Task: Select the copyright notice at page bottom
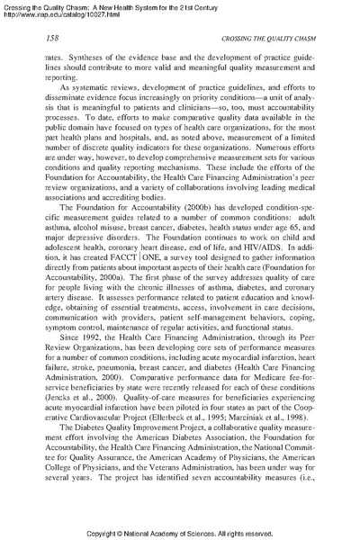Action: (x=180, y=531)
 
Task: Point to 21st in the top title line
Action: (x=223, y=4)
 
